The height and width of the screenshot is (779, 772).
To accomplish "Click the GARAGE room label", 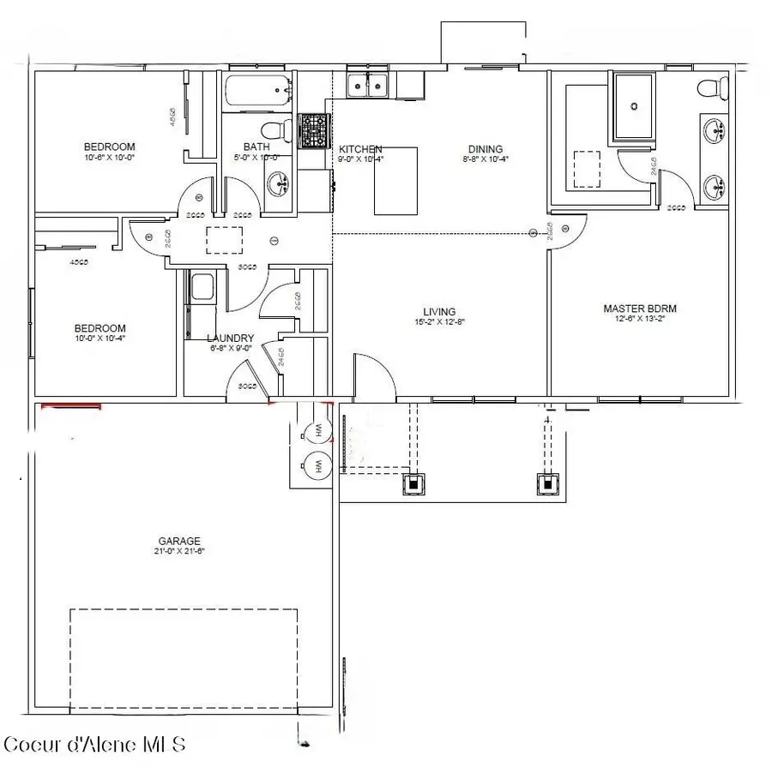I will point(179,541).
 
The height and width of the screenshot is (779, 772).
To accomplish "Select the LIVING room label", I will point(438,312).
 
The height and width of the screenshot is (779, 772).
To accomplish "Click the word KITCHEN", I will point(360,149).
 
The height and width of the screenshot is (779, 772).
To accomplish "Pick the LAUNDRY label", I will point(230,338).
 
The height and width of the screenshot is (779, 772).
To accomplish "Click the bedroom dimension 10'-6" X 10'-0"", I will point(109,158).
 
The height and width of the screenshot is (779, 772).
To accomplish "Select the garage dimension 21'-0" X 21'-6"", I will point(179,551).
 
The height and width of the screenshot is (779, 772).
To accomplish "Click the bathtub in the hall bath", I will point(258,92).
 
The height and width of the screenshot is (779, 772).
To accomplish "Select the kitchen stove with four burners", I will point(314,131).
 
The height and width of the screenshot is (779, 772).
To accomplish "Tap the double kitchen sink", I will point(370,84).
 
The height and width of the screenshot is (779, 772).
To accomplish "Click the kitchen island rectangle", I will point(395,181).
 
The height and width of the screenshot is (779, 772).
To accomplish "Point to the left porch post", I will point(414,483).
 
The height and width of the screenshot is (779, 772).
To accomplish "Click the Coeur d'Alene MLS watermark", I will point(94,744).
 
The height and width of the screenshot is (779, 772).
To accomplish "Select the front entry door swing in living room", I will point(371,375).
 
